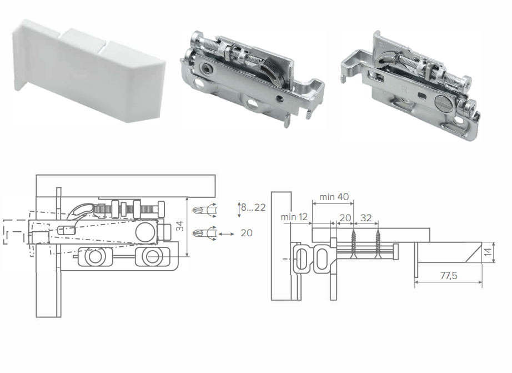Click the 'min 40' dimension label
pos(334,197)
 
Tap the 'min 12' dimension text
pos(294,217)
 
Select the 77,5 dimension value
pos(449,276)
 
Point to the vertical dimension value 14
pos(488,252)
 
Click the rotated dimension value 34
pos(180,226)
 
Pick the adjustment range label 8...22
pos(253,207)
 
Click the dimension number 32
pos(366,218)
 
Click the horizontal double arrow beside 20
pos(226,234)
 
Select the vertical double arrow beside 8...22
pos(239,210)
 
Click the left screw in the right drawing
pos(353,244)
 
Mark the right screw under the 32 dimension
pos(378,244)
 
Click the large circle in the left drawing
pos(145,232)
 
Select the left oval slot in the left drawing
pos(94,257)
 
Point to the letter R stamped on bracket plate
pos(405,89)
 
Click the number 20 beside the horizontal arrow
pos(247,233)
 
